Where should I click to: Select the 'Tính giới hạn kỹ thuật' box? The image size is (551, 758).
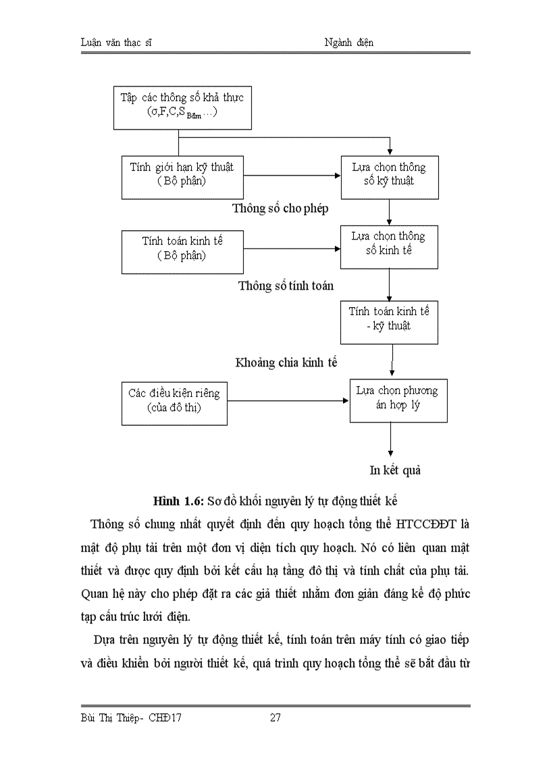182,174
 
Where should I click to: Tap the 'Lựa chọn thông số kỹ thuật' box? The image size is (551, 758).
388,174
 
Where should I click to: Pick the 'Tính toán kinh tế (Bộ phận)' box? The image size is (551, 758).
182,249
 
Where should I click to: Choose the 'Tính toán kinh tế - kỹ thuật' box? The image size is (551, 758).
389,319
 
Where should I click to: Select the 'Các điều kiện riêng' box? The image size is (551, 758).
174,401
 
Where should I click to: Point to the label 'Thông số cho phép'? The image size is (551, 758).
280,209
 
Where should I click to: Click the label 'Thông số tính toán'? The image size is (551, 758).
286,286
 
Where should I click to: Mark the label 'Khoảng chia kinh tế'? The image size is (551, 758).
286,362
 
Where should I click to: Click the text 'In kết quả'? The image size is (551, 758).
394,470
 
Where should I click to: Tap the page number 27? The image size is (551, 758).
275,718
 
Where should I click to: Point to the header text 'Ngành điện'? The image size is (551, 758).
348,43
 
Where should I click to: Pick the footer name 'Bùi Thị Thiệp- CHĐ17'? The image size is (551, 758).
129,718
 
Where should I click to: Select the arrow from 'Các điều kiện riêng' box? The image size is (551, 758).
288,401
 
